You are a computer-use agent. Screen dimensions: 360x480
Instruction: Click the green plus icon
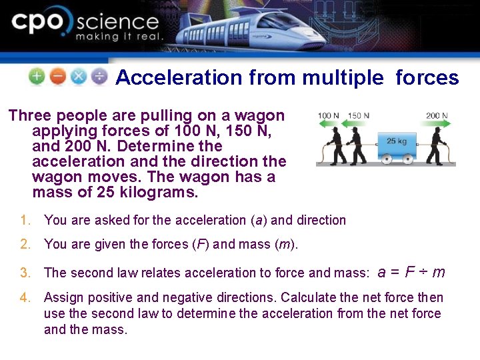37,77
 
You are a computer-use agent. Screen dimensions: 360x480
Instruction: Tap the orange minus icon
58,77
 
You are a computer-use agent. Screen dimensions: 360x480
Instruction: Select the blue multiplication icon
79,77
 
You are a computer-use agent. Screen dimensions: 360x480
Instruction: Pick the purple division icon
99,77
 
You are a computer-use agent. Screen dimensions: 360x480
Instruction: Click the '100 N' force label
328,115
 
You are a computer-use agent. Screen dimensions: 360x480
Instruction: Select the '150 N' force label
358,115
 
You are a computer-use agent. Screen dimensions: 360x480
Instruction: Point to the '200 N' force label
437,115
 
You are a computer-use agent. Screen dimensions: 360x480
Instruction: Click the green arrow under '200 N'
437,123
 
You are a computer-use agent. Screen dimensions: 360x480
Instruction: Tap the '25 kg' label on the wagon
397,141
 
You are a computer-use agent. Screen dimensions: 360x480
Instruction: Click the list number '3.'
26,273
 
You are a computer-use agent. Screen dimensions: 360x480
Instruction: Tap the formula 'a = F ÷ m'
411,271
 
